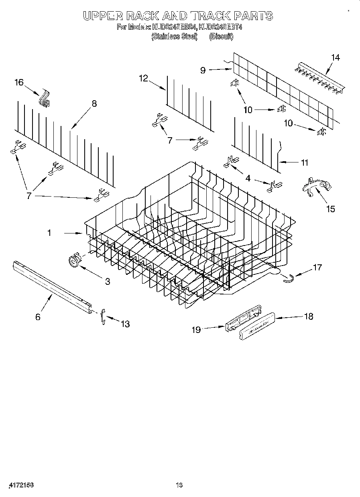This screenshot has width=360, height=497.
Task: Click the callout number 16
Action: click(19, 83)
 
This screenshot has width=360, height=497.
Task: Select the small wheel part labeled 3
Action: click(74, 261)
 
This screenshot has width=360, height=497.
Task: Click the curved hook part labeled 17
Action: click(287, 278)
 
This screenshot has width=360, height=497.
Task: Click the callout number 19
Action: click(196, 330)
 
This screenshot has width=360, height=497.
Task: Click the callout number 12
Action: click(144, 79)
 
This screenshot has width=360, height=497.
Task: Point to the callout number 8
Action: click(94, 103)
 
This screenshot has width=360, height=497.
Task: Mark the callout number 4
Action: click(248, 178)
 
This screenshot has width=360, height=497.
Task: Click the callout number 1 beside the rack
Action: click(49, 232)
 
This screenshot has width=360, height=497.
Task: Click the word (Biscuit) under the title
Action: click(221, 37)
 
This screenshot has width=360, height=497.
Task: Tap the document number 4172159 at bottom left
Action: click(20, 485)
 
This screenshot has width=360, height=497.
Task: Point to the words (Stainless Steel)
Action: click(174, 37)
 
